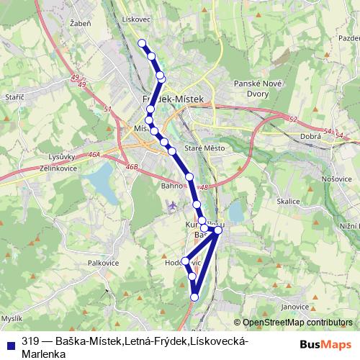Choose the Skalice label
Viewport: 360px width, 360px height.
point(287,202)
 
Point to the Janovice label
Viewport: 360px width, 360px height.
point(295,306)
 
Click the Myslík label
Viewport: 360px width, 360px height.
point(12,318)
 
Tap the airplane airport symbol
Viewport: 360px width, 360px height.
point(172,207)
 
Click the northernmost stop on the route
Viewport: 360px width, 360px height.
point(143,43)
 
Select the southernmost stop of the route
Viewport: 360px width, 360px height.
point(194,296)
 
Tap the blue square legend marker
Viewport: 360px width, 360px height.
point(9,343)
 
